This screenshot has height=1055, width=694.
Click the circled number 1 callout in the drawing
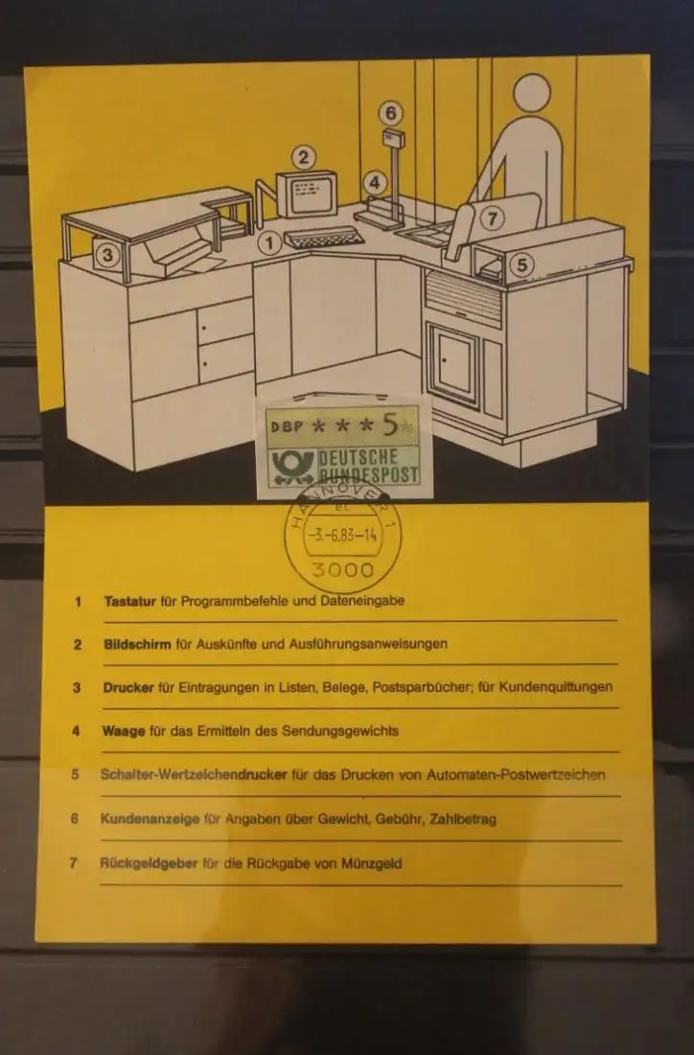270,242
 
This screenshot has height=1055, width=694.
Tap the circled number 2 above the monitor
304,157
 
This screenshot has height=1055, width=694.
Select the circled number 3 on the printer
107,255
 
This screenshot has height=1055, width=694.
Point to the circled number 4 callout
375,182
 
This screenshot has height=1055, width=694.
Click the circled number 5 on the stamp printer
522,264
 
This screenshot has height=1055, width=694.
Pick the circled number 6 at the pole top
390,113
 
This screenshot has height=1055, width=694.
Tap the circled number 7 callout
492,218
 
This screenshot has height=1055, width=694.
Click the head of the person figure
531,93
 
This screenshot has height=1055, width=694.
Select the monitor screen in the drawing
310,194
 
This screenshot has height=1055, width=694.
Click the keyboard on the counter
324,238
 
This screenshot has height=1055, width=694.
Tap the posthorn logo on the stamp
292,466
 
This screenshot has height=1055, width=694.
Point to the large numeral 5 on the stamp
390,424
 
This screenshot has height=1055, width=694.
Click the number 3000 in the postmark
342,570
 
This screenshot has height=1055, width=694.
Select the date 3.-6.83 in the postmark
330,536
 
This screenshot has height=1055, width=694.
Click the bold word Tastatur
130,601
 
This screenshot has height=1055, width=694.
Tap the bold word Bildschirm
137,644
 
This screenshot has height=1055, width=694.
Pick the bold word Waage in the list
124,731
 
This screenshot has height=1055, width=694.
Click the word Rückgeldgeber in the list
149,863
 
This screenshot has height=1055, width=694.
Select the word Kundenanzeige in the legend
150,819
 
